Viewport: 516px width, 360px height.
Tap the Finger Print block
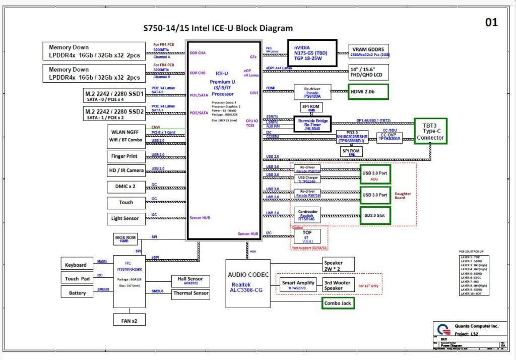[124, 156]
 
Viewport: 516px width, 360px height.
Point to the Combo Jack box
[338, 303]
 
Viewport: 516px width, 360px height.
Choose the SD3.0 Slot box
[374, 216]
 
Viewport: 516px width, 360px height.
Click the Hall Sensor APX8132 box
[191, 280]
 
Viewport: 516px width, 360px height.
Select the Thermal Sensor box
[191, 293]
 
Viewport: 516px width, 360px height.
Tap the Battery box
[77, 292]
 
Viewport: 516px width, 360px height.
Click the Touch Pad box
[77, 278]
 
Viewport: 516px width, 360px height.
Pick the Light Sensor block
[124, 218]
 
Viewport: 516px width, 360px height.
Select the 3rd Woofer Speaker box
[337, 285]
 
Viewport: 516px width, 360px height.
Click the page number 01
[491, 22]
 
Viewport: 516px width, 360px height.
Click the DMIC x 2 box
[124, 187]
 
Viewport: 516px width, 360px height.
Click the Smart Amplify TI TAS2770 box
[298, 285]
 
